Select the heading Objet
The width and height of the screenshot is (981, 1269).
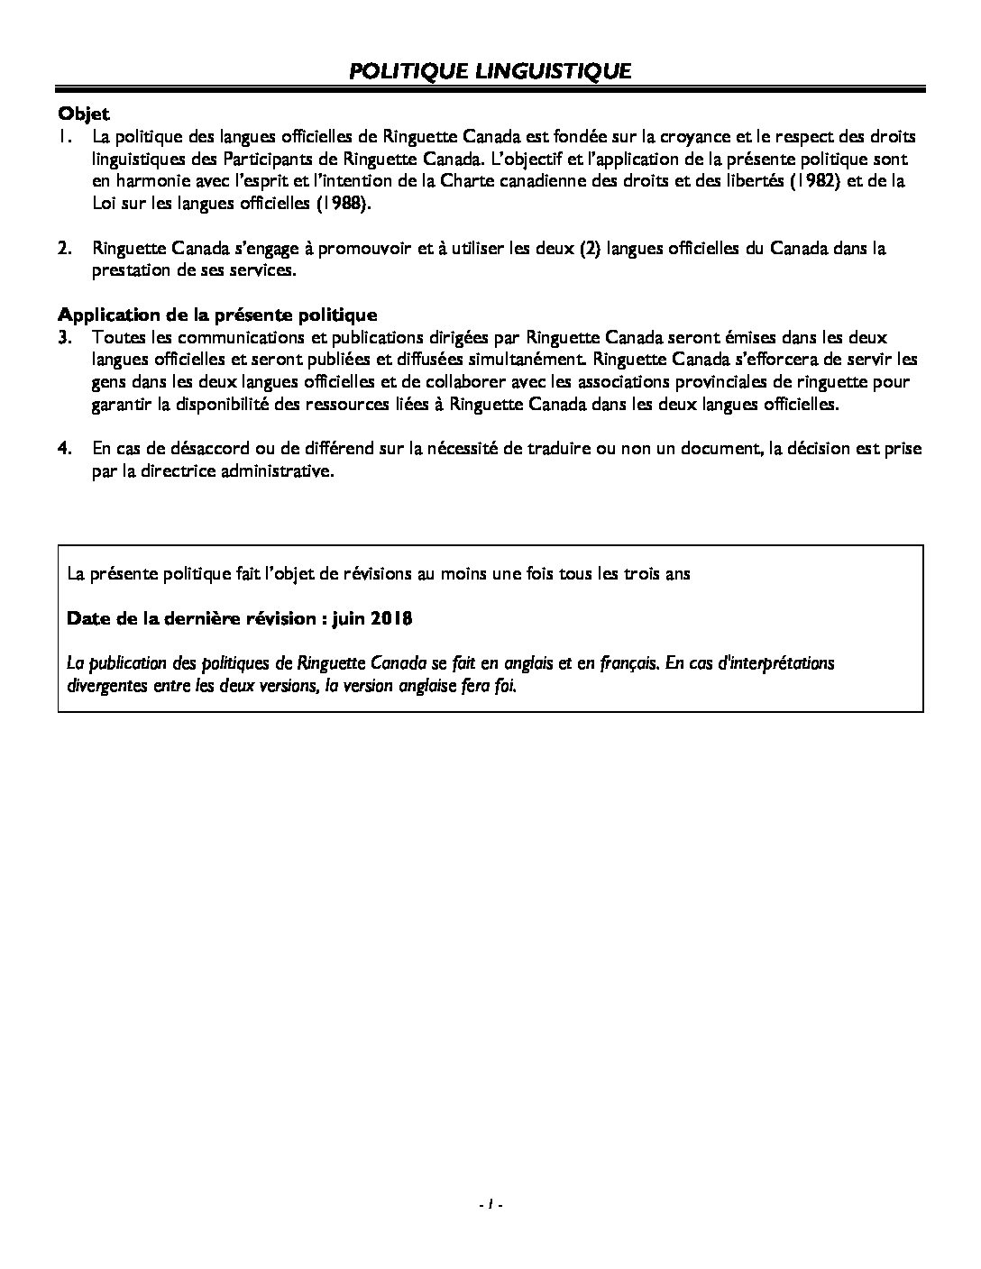pos(83,114)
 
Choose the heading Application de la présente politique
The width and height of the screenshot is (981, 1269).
pos(217,315)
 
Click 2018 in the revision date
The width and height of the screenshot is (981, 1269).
pos(391,618)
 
